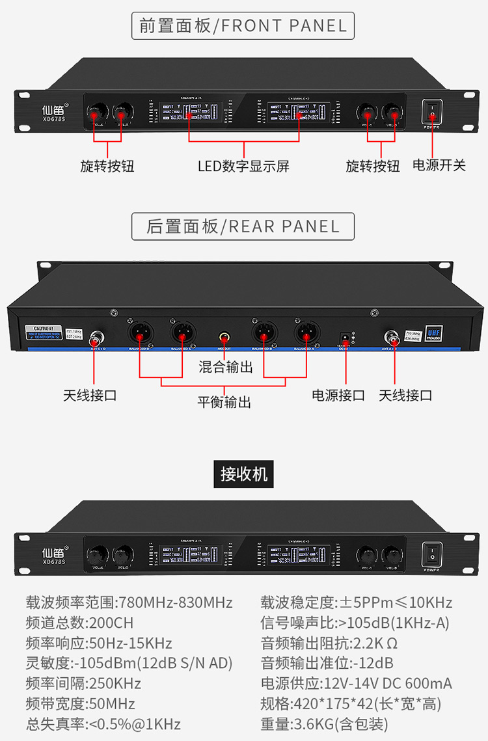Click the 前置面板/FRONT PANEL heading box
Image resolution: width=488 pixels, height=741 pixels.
coord(243,26)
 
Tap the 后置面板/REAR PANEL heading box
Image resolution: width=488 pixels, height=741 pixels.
coord(243,226)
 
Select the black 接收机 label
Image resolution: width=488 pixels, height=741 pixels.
coord(243,473)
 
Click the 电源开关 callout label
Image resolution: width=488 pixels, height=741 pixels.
coord(439,165)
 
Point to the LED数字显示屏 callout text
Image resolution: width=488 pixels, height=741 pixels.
coord(243,166)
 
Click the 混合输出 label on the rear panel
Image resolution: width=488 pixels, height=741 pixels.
coord(225,367)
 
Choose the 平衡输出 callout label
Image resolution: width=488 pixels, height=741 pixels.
coord(224,402)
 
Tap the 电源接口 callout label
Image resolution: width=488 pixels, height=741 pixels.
coord(338,395)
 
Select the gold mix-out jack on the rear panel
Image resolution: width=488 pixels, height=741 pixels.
coord(224,338)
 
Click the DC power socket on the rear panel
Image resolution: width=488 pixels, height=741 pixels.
coord(345,338)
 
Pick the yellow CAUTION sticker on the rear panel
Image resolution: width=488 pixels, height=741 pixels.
coord(42,332)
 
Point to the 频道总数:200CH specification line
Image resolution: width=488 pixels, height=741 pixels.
coord(79,623)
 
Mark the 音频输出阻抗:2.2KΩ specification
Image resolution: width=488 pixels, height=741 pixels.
coord(329,643)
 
